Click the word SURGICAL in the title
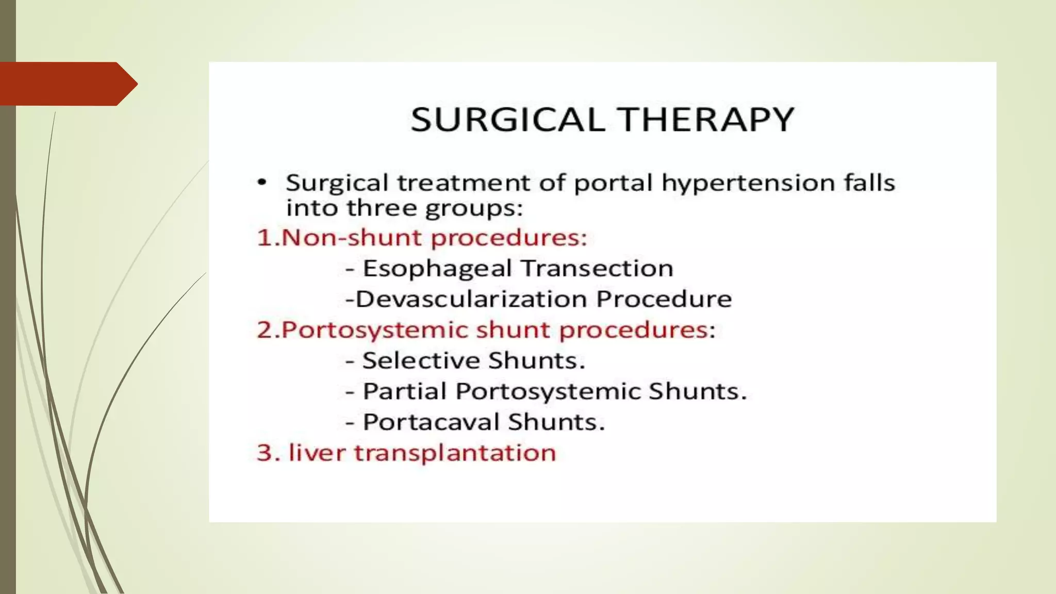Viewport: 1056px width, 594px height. pos(507,120)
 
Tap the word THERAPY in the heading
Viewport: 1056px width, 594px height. pos(707,120)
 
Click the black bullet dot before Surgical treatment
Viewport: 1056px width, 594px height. pos(263,182)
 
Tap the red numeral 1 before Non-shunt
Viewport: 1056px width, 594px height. pos(263,238)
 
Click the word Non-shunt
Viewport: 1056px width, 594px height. pos(353,238)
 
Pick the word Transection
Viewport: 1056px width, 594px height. pos(597,268)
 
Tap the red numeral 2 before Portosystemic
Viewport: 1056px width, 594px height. pos(265,330)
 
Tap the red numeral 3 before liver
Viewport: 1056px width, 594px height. pos(265,453)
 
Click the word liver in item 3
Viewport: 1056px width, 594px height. pos(317,453)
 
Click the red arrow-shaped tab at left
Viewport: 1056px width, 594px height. pos(67,84)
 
